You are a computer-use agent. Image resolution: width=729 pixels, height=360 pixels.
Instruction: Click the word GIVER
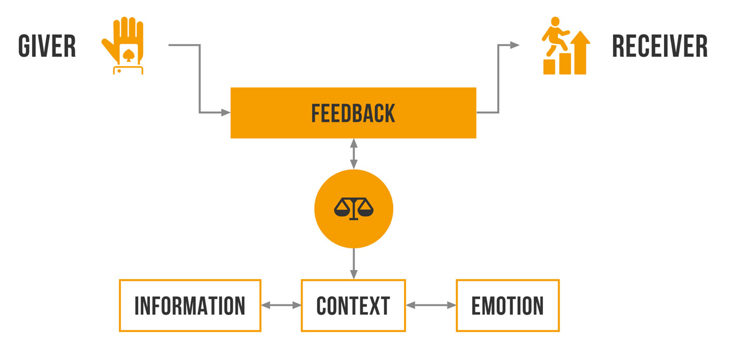click(47, 46)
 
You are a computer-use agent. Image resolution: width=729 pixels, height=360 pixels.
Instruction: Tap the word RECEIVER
click(660, 46)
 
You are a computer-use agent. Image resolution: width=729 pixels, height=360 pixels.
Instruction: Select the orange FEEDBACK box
click(353, 113)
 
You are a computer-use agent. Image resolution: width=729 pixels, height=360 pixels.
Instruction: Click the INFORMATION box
click(190, 306)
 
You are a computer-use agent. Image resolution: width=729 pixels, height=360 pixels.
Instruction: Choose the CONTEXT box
click(353, 306)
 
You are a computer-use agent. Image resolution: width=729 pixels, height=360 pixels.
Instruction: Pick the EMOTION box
click(507, 306)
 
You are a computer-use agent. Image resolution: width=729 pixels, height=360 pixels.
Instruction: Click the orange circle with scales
click(354, 209)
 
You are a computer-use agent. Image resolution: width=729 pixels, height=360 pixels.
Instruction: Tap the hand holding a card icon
click(124, 46)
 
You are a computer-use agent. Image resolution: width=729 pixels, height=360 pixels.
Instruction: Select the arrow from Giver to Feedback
click(199, 78)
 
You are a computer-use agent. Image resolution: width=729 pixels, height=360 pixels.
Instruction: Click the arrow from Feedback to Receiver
click(498, 78)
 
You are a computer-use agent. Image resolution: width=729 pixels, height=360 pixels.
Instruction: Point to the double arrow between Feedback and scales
click(354, 154)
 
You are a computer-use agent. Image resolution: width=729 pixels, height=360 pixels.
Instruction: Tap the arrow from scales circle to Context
click(354, 264)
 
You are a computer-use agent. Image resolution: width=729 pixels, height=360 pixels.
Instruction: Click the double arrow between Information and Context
click(281, 306)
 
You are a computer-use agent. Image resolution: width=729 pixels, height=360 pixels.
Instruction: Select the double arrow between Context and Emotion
click(431, 306)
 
